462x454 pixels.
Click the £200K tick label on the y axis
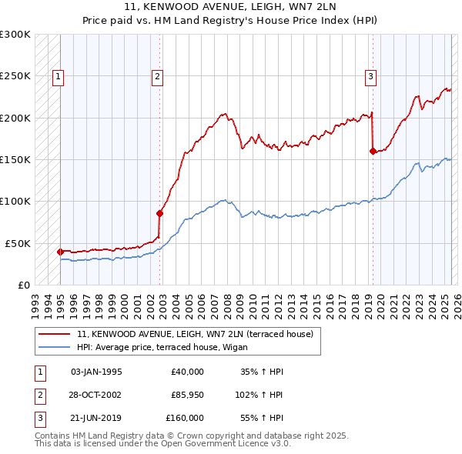click(x=15, y=118)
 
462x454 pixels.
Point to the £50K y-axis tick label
click(x=18, y=243)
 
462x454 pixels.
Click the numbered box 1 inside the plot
click(x=59, y=76)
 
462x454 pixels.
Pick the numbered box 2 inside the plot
click(x=157, y=76)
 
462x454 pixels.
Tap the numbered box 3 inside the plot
click(x=370, y=76)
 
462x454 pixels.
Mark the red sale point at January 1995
click(x=60, y=252)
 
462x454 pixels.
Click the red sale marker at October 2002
click(x=160, y=213)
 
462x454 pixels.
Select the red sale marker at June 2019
click(x=373, y=151)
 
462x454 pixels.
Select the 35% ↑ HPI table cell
click(x=263, y=372)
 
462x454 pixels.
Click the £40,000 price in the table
click(x=187, y=372)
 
